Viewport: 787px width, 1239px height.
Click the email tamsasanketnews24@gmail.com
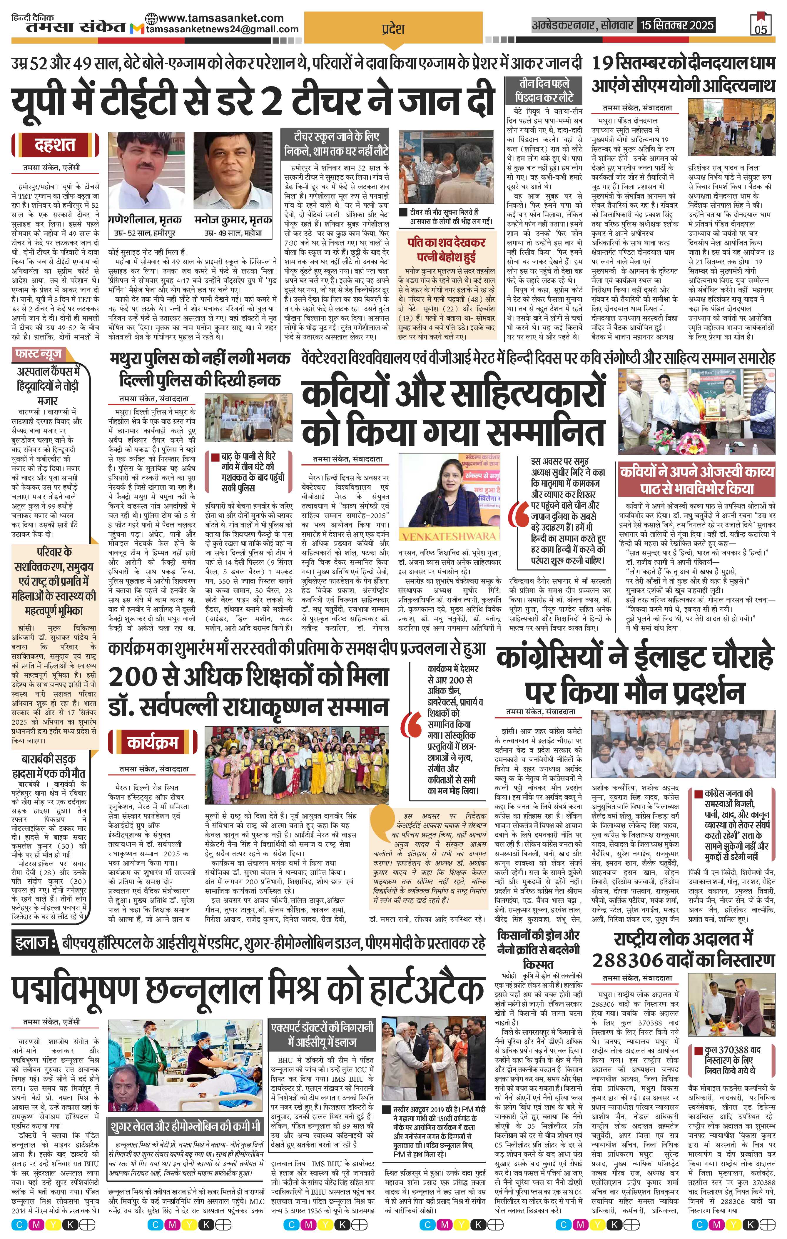pyautogui.click(x=222, y=29)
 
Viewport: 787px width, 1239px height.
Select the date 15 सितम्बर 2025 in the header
pyautogui.click(x=677, y=25)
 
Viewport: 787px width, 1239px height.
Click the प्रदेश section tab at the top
pyautogui.click(x=393, y=29)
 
